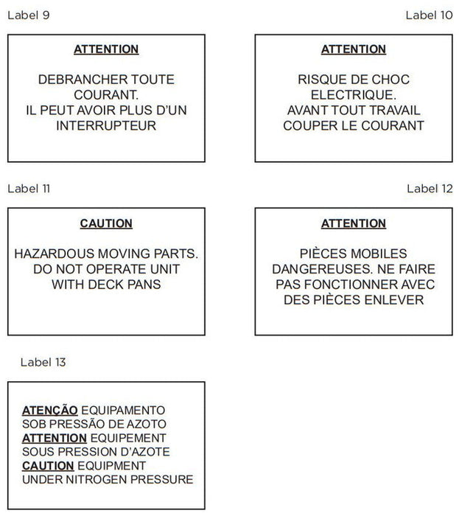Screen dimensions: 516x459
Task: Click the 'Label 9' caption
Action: point(29,15)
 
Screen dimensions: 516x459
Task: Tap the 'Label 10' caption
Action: point(429,15)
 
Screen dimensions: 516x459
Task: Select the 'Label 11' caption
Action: point(29,188)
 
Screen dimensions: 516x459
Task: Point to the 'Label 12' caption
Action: point(430,188)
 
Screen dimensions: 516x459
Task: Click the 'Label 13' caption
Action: point(43,362)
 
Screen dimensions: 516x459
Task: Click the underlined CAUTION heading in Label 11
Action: point(106,223)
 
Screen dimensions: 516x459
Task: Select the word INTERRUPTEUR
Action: point(106,125)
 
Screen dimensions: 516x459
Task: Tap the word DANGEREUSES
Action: point(318,269)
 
